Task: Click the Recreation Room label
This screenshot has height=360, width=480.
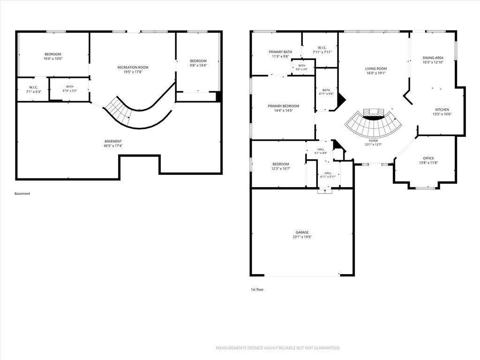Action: [x=133, y=67]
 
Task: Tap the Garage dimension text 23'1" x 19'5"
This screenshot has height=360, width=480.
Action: [x=302, y=237]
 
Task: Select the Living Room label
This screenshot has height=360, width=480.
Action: [x=376, y=68]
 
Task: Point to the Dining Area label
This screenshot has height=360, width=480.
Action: [x=433, y=58]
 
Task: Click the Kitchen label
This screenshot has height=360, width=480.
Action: [x=442, y=110]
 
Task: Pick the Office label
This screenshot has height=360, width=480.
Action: [x=428, y=158]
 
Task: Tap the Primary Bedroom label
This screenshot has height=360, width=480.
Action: [x=284, y=106]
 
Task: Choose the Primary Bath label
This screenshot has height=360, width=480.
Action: [x=280, y=52]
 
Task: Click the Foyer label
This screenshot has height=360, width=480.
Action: [x=374, y=141]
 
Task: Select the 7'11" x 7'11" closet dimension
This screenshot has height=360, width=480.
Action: [x=322, y=52]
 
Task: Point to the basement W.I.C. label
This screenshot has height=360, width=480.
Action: [x=33, y=87]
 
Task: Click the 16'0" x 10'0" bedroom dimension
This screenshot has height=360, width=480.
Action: [x=53, y=59]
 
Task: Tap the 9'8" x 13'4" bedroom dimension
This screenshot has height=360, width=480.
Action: [x=198, y=65]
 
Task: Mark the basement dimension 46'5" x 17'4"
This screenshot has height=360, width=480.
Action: [x=113, y=146]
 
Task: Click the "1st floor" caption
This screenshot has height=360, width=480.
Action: [x=257, y=289]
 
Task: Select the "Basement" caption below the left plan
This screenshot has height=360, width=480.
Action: [x=22, y=194]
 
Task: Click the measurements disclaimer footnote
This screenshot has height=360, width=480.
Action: [x=278, y=348]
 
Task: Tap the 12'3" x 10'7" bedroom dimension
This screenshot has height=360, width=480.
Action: [x=281, y=168]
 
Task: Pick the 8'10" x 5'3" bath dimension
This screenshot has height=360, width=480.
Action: [x=70, y=90]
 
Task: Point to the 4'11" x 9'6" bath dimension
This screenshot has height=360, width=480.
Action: [x=326, y=94]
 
